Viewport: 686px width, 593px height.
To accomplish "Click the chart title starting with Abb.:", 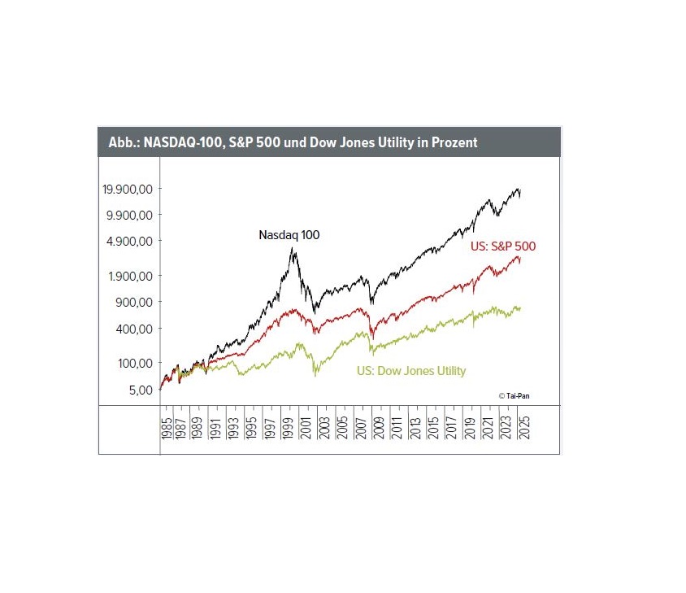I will click(293, 142).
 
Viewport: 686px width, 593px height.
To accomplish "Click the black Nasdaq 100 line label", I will click(289, 235).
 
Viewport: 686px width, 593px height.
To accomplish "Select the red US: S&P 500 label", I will click(503, 246).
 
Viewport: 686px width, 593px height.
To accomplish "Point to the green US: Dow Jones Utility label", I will click(411, 371).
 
